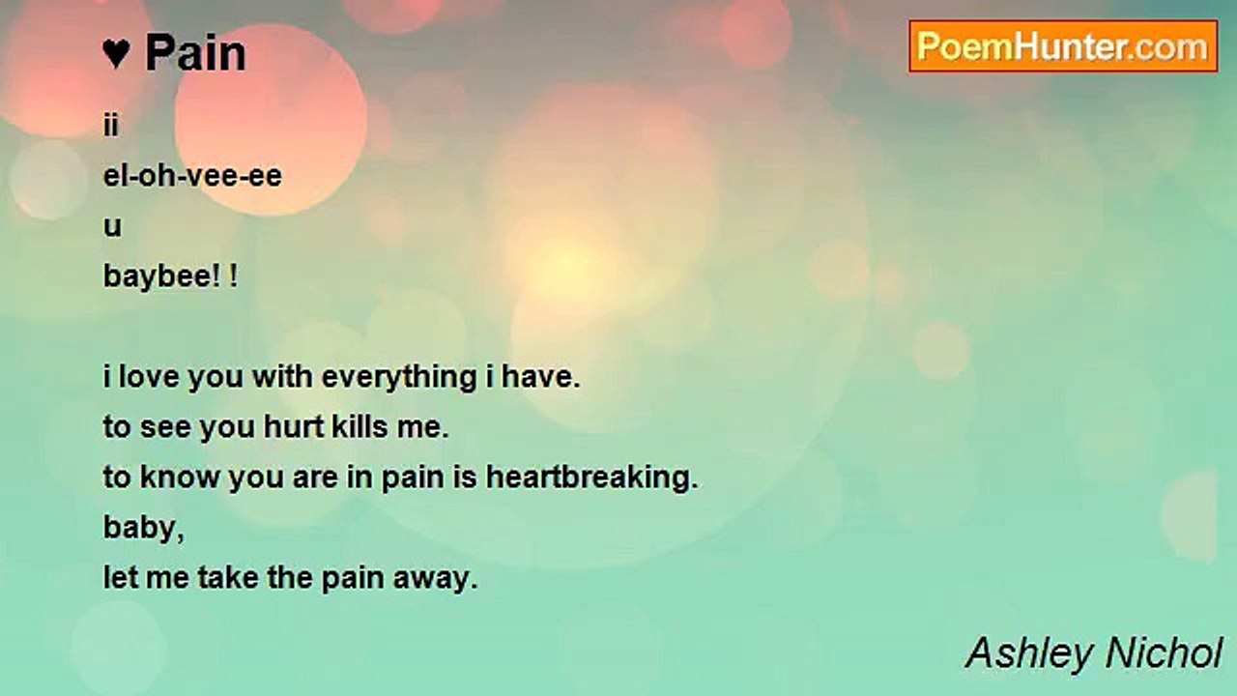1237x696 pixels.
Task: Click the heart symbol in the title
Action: pyautogui.click(x=117, y=53)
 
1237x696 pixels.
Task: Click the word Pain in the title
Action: pyautogui.click(x=195, y=53)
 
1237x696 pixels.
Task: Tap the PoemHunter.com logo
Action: pyautogui.click(x=1063, y=46)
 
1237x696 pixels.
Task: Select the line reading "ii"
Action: pyautogui.click(x=110, y=126)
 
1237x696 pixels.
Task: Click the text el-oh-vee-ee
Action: pyautogui.click(x=192, y=176)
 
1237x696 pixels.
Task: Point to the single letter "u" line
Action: pyautogui.click(x=112, y=226)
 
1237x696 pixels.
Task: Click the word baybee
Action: pyautogui.click(x=158, y=276)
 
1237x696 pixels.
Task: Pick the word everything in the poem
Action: pyautogui.click(x=399, y=378)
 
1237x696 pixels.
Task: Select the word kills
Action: pyautogui.click(x=360, y=427)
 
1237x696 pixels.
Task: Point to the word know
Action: pyautogui.click(x=180, y=478)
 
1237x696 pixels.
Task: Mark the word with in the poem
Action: pyautogui.click(x=282, y=377)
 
